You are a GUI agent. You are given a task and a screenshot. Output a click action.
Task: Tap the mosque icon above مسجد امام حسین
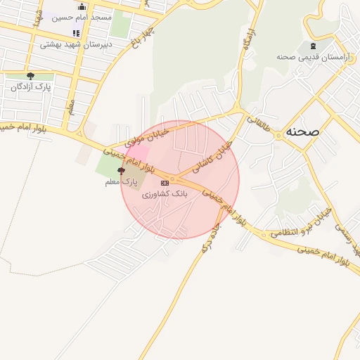(x=82, y=6)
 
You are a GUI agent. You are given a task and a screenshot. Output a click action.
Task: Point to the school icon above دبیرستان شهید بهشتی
(x=76, y=33)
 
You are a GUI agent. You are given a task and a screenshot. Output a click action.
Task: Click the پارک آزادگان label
(x=29, y=87)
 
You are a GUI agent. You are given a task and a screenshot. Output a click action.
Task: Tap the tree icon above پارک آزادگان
(x=30, y=76)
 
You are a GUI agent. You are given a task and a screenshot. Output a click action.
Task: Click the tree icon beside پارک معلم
(x=121, y=171)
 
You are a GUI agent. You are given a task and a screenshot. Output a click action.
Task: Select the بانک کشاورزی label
(x=166, y=193)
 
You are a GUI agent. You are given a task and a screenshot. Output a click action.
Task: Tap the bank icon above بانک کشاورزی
(x=165, y=183)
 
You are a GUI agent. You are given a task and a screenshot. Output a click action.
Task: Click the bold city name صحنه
(x=303, y=131)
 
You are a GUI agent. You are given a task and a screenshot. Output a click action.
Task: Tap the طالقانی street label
(x=258, y=124)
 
